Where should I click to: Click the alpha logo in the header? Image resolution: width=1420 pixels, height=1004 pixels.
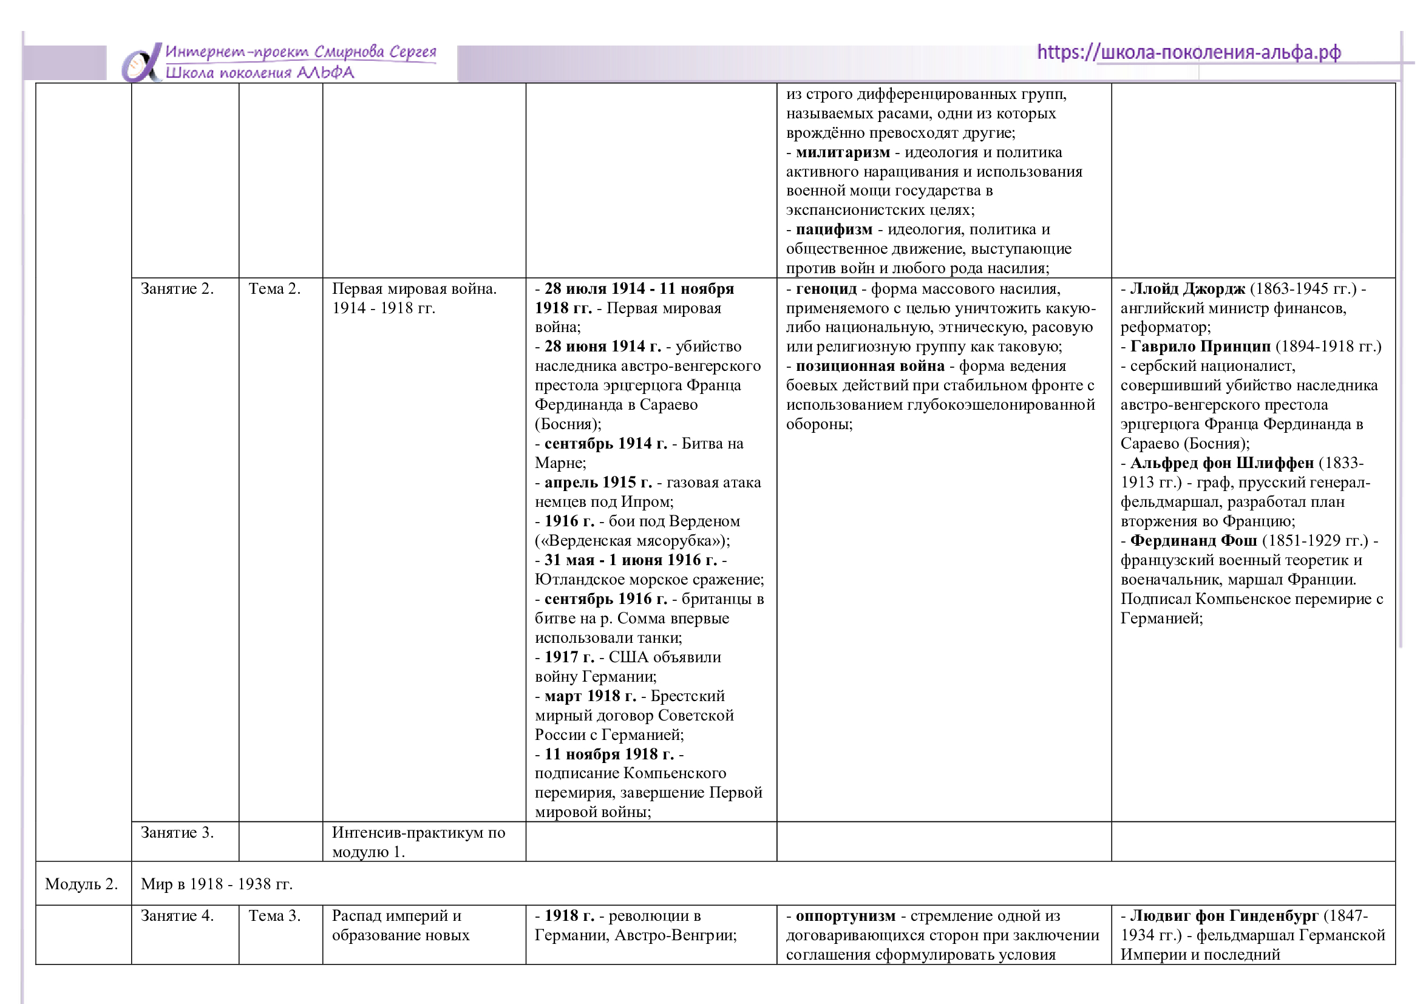141,63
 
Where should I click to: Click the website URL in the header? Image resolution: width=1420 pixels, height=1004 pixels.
1188,53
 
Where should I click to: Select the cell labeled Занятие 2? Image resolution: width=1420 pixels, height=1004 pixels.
177,289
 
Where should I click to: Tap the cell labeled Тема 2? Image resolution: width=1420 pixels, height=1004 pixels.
274,289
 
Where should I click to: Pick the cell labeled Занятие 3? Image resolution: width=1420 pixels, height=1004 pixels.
177,832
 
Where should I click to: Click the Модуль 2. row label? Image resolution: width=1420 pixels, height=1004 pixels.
81,883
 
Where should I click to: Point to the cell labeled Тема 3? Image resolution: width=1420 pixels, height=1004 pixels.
274,915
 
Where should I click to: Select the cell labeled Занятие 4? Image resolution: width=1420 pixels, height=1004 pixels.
177,915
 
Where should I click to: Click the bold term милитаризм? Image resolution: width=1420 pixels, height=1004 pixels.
843,152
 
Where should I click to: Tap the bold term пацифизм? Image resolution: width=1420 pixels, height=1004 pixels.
834,229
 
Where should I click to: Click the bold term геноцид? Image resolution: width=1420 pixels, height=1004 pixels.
826,289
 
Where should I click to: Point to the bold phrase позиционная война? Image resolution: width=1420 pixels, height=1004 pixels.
869,366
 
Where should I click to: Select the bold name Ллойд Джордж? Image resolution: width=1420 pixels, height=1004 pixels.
1187,289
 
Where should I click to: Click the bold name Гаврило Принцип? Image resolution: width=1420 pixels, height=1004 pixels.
1200,346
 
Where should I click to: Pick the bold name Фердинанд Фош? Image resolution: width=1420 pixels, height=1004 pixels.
1193,540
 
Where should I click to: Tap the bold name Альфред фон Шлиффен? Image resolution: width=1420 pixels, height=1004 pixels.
1221,463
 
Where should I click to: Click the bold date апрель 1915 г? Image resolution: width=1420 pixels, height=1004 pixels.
598,482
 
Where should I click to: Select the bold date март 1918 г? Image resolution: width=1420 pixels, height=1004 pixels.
590,696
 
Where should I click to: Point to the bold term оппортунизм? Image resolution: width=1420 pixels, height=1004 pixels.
845,915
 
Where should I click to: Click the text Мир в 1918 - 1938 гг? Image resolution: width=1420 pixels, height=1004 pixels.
217,883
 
